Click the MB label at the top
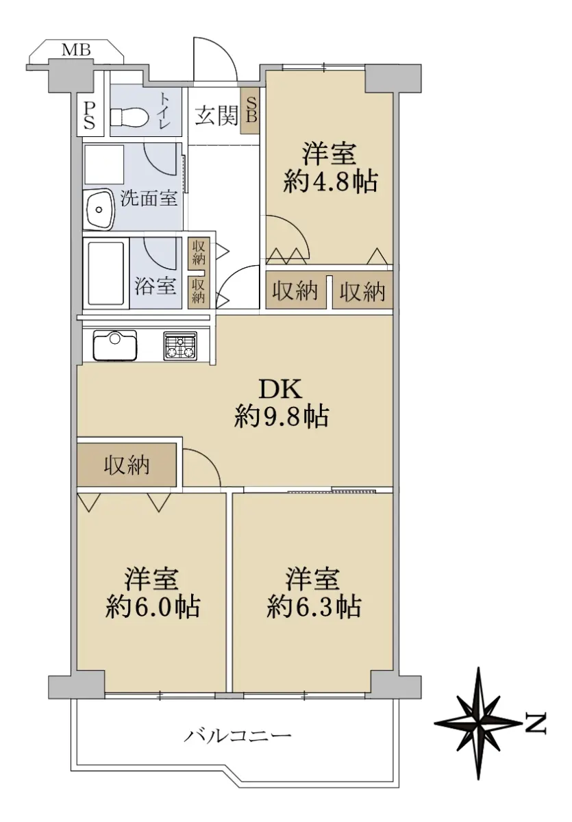point(76,49)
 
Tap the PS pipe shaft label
point(89,115)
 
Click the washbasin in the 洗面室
point(98,209)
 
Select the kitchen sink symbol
point(115,345)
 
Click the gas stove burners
point(180,345)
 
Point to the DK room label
point(281,389)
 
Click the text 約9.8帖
point(282,416)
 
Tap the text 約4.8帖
point(330,182)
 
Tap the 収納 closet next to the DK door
point(127,465)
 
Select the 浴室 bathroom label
point(156,285)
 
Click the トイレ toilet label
point(164,110)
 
